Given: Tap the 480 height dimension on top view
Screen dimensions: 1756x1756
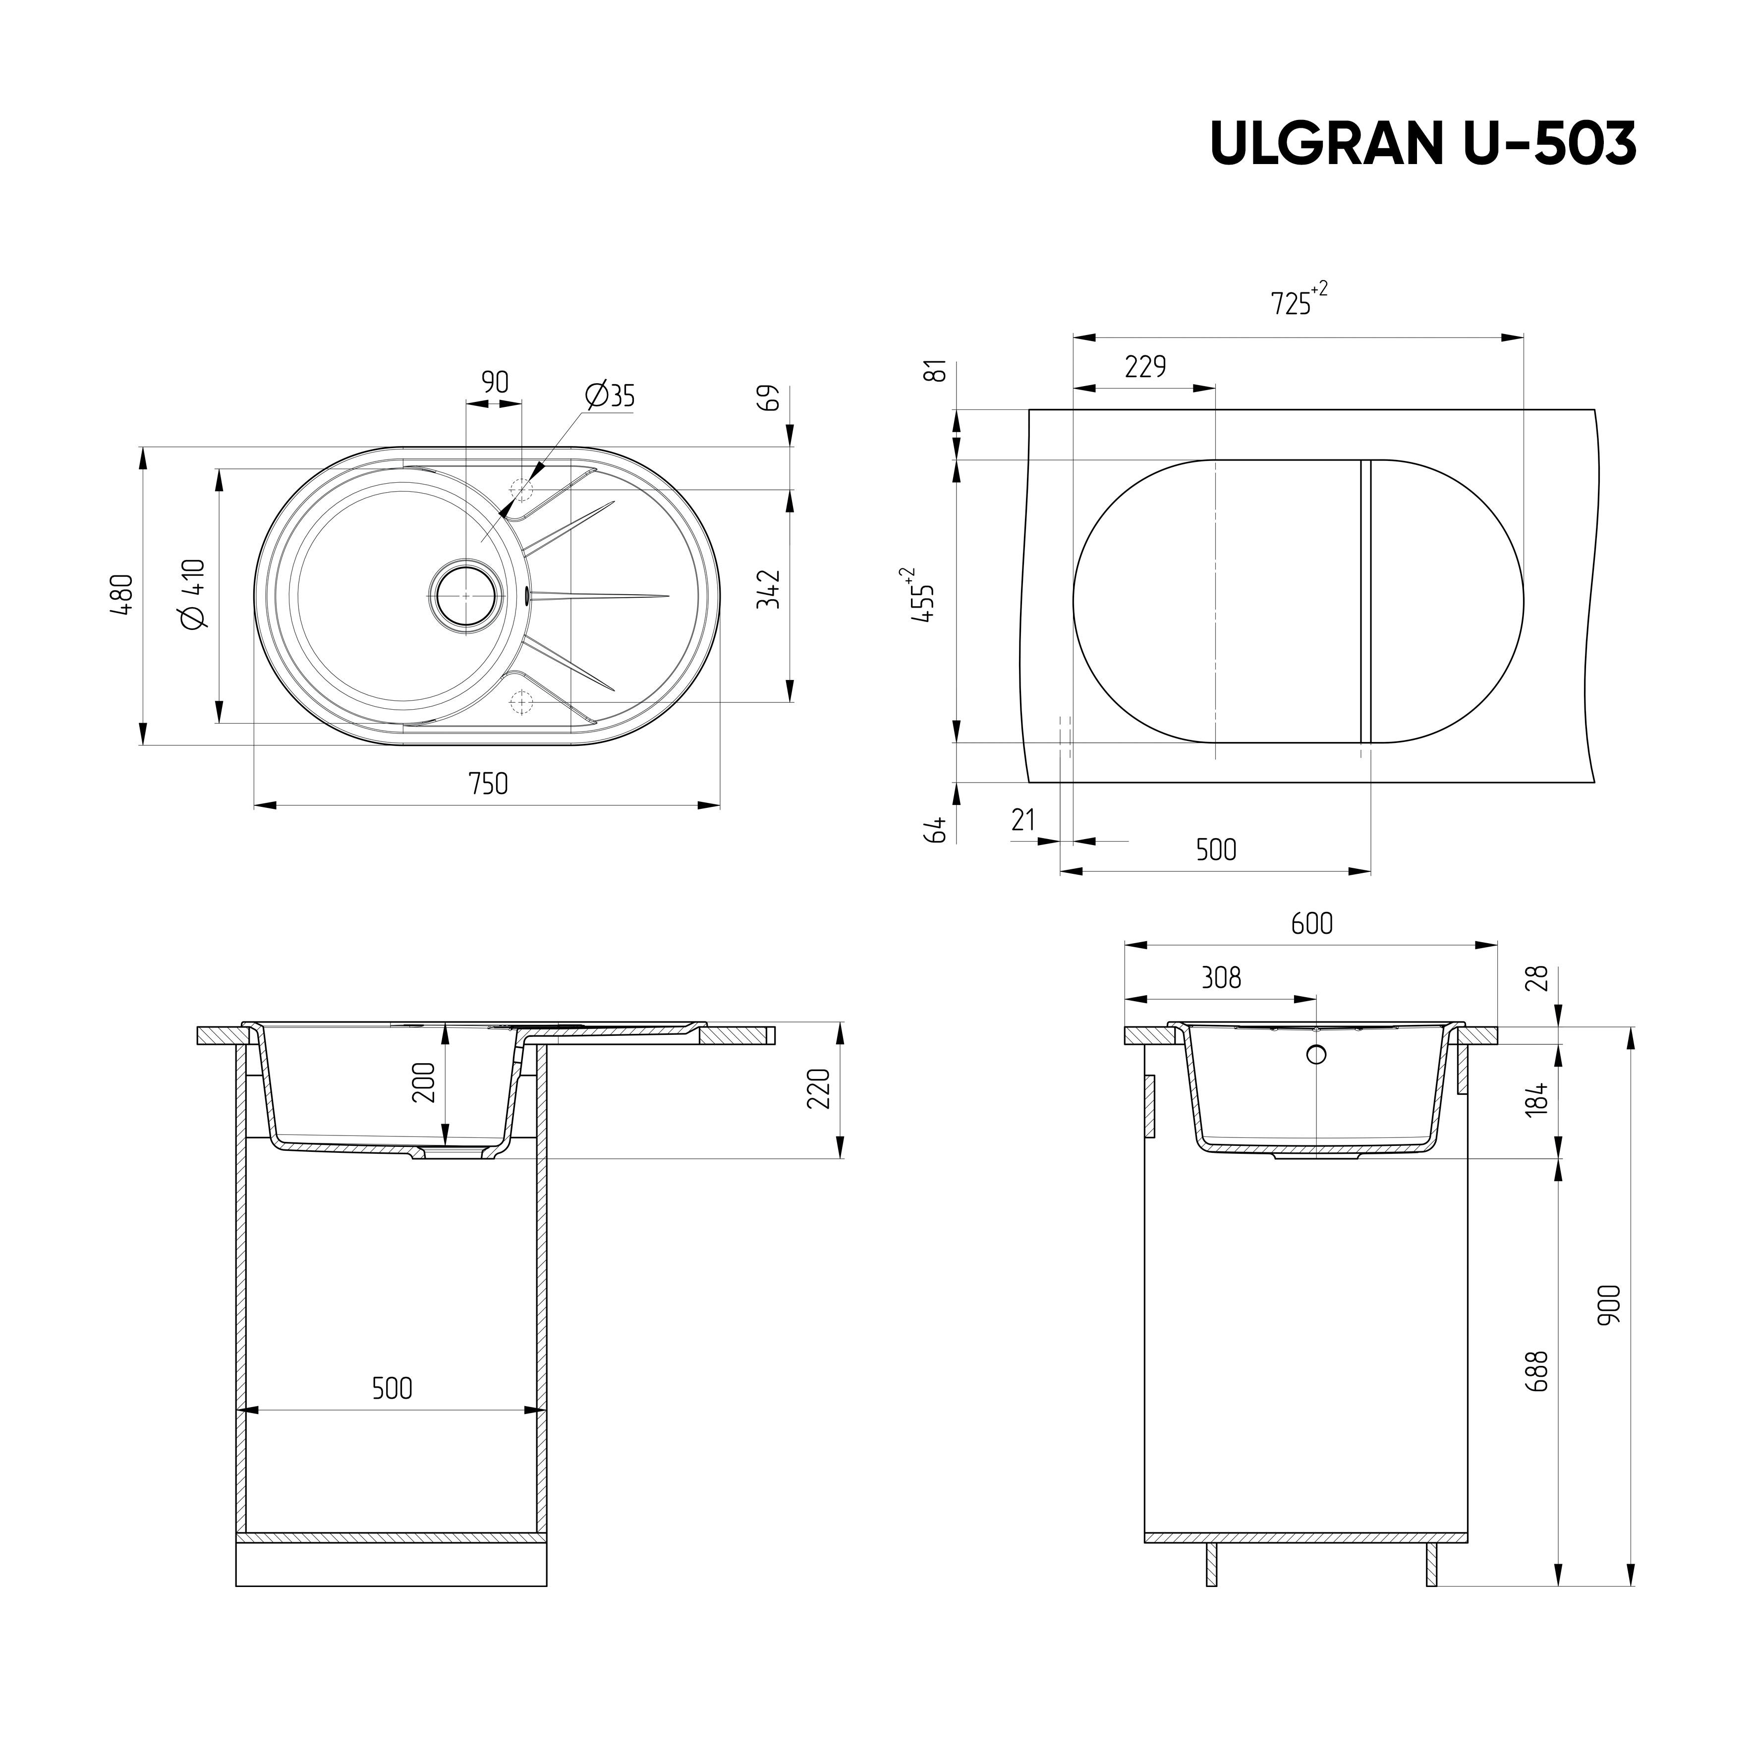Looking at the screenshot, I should tap(123, 595).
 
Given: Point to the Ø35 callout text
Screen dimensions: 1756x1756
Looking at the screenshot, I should tap(611, 397).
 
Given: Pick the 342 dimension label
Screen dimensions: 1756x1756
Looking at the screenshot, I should tap(769, 589).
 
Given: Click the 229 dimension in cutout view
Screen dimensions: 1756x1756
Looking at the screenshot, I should tap(1145, 367).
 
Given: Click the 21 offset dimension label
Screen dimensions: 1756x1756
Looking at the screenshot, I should tap(1023, 820).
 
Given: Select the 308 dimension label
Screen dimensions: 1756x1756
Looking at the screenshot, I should tap(1221, 978).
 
